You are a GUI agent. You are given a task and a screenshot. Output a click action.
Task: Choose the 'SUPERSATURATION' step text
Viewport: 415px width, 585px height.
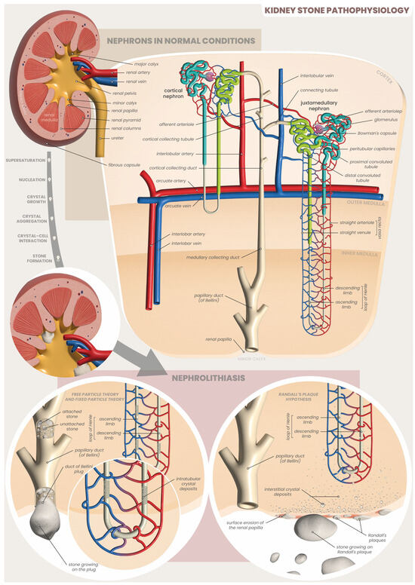[x=24, y=161]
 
